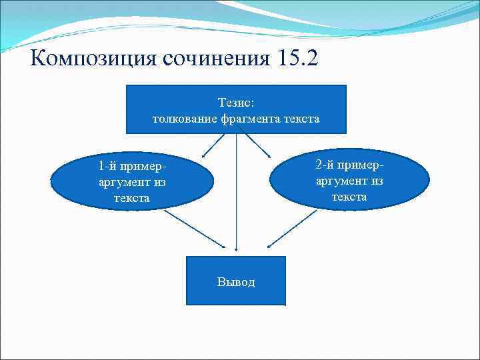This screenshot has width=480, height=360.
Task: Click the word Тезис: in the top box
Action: (236, 103)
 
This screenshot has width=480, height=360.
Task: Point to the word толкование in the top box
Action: (180, 119)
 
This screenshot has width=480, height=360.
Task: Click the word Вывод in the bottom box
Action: (236, 282)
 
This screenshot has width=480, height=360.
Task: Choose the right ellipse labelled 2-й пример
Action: (350, 179)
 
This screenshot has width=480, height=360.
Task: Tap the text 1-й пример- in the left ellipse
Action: (131, 165)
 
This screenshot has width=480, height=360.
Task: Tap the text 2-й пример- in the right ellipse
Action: (350, 165)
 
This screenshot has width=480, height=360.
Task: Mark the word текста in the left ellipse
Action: (131, 198)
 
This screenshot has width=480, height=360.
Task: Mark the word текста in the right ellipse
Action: (350, 197)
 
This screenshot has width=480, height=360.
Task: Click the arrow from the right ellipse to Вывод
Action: (292, 230)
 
